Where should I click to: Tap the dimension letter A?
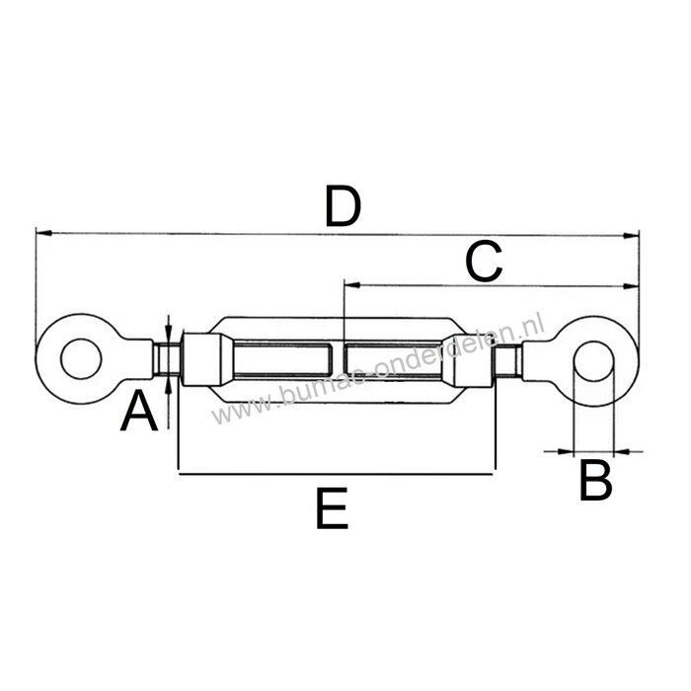point(139,413)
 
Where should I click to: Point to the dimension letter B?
point(594,483)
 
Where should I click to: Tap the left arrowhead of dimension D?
point(41,233)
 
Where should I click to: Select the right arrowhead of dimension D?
point(633,235)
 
